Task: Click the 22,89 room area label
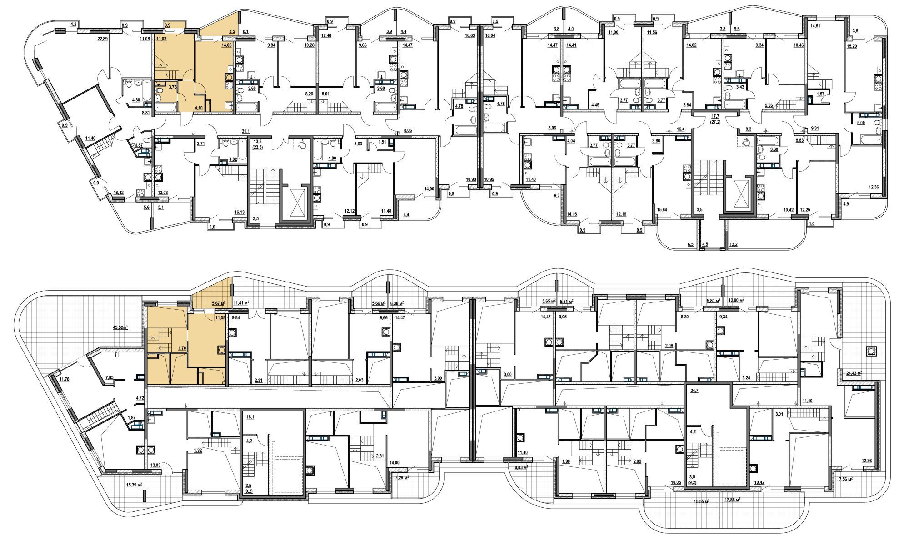[103, 40]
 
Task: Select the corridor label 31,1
[246, 131]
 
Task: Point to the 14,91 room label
[815, 26]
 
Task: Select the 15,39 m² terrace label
[134, 485]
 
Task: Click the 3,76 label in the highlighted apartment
[173, 87]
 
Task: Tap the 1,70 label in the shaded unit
[182, 348]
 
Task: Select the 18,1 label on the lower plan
[250, 416]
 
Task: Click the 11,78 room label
[65, 380]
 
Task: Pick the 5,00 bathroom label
[861, 122]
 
